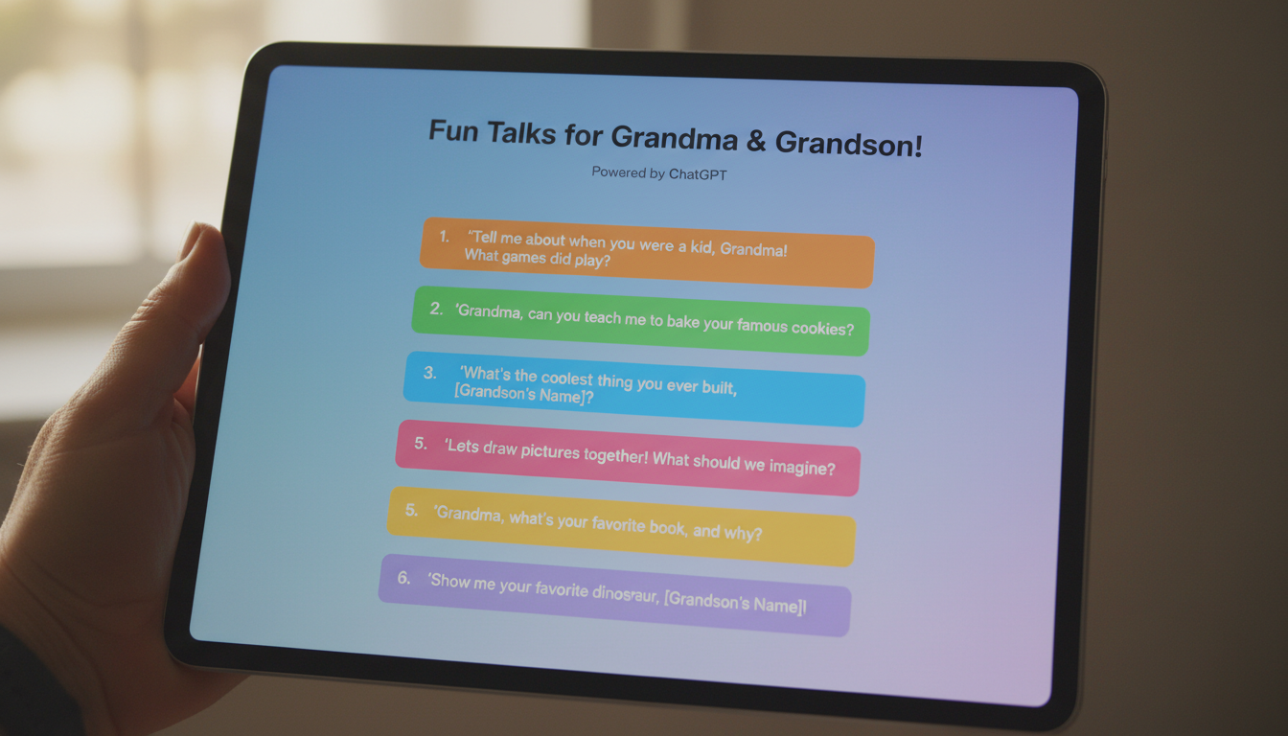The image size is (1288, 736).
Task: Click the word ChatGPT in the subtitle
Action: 698,174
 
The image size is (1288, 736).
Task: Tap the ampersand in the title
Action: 756,140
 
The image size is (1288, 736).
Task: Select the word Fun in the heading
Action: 453,130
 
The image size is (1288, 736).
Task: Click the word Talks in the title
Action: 521,133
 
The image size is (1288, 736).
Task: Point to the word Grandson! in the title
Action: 849,143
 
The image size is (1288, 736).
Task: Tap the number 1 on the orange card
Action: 444,236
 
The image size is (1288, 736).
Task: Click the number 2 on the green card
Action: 436,309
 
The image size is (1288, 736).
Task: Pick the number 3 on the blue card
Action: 429,373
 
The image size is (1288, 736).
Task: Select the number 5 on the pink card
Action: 421,444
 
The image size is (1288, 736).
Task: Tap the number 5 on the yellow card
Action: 411,510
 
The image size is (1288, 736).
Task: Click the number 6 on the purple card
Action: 403,577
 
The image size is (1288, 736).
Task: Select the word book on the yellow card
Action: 668,527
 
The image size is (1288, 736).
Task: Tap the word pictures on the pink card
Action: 550,451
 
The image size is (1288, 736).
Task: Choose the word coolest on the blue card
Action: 566,378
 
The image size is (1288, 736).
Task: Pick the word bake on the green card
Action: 682,321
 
